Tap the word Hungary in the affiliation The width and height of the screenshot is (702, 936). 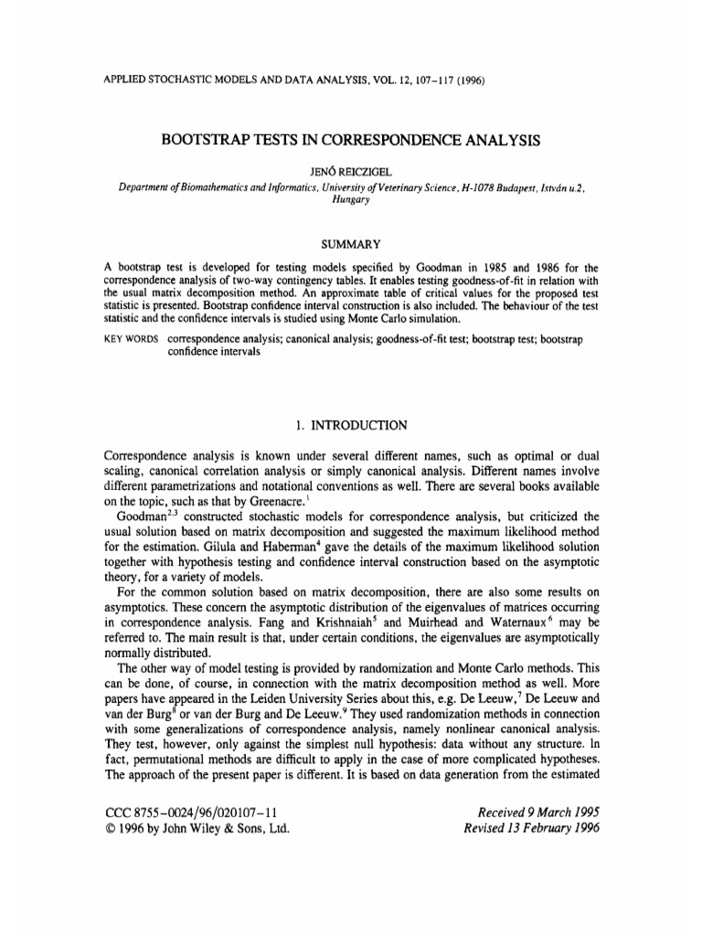(351, 199)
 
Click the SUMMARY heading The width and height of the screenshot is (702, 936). (351, 244)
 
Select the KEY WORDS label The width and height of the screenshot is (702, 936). (128, 339)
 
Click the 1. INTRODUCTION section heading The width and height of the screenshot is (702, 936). (351, 425)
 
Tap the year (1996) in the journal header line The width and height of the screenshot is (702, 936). (464, 80)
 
